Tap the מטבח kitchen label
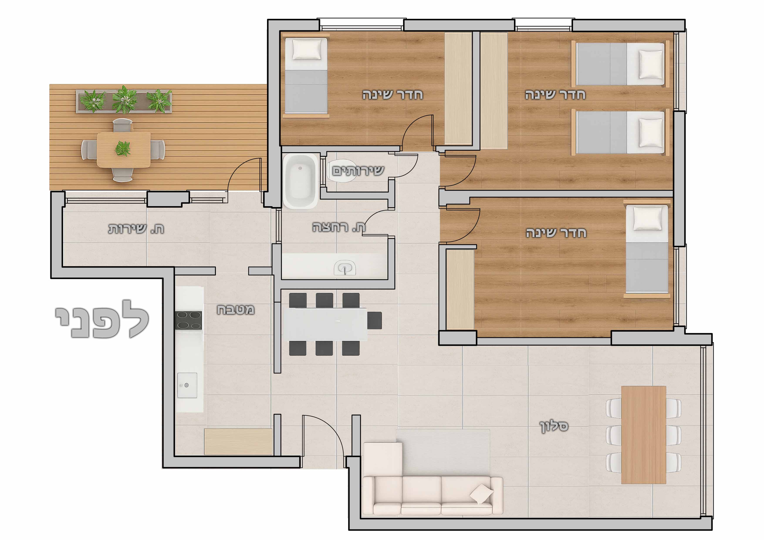pos(236,309)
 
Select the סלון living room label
pos(554,426)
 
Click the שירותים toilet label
pos(358,171)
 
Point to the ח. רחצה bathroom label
pos(339,227)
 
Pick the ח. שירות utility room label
pos(136,229)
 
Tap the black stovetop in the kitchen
pos(189,320)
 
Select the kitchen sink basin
pos(187,385)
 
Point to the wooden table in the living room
pos(644,435)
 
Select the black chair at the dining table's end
pos(375,320)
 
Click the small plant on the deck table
pos(123,149)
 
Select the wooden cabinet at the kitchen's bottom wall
pos(238,442)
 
